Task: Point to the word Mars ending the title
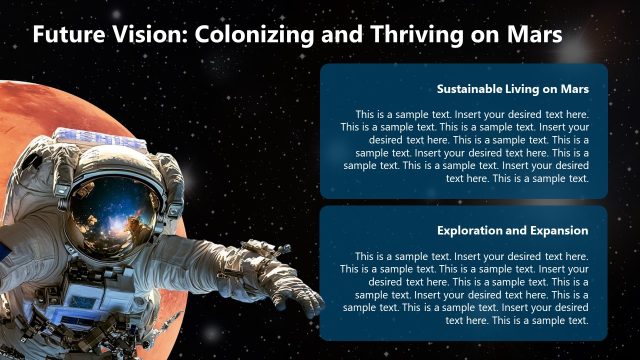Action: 531,34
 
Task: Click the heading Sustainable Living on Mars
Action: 512,89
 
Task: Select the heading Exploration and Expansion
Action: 512,230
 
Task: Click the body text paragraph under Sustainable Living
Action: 464,146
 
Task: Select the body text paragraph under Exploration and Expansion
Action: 464,288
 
